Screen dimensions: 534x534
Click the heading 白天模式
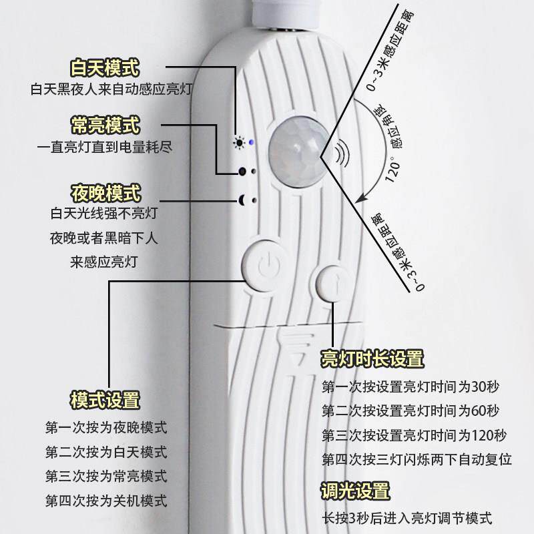[105, 68]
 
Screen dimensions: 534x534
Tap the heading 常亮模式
[105, 125]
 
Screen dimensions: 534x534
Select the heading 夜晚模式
[105, 194]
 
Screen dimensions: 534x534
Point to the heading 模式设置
[105, 400]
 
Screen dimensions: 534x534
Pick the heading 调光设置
[355, 492]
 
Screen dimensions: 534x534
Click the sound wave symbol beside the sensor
[342, 154]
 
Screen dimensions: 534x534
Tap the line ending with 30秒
[411, 386]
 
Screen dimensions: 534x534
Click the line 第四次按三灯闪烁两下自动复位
[417, 460]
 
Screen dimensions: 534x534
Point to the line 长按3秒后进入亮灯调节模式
[407, 517]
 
